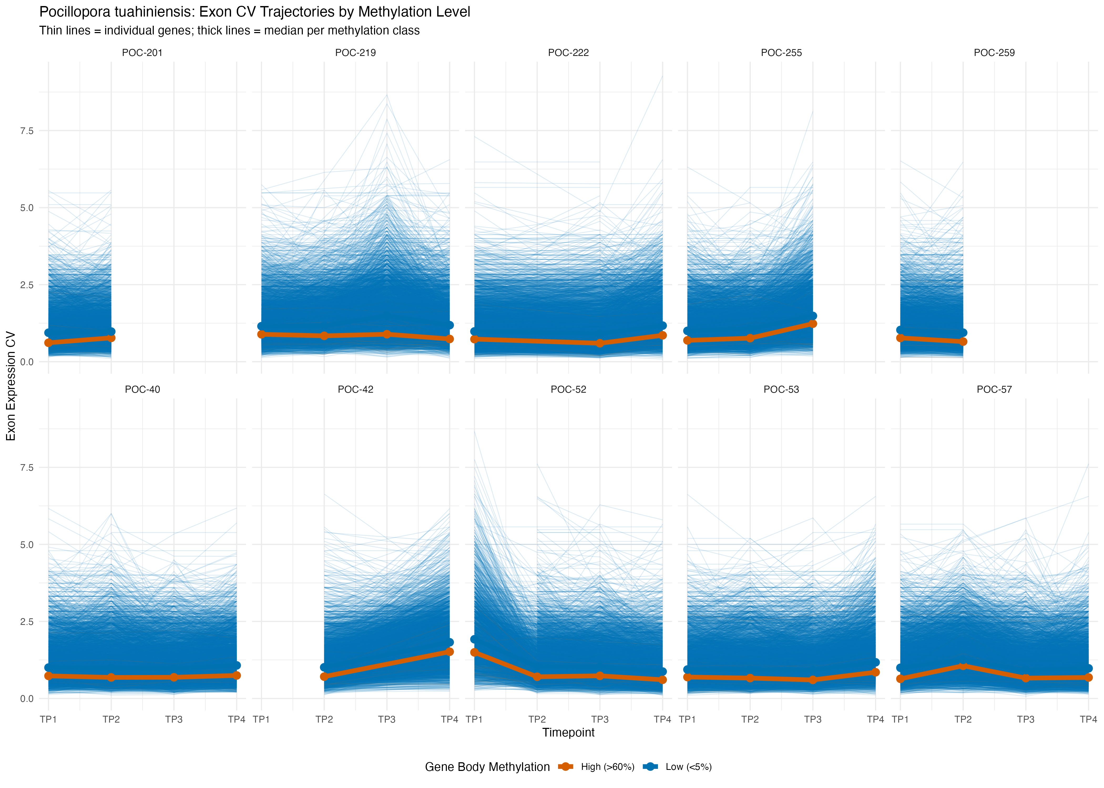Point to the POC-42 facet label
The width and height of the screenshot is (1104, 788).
coord(355,389)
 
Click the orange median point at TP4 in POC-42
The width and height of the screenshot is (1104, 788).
coord(449,652)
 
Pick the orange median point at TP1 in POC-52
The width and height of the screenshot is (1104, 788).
coord(474,653)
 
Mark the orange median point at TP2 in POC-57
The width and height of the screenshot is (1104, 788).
coord(963,666)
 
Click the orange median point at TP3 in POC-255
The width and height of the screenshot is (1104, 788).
coord(813,324)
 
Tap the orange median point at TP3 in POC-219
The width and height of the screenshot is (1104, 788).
coord(387,334)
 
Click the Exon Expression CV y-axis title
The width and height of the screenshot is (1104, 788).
coord(11,386)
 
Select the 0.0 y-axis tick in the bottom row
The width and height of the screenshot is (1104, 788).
coord(27,699)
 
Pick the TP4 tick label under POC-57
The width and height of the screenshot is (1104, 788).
coord(1088,719)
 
